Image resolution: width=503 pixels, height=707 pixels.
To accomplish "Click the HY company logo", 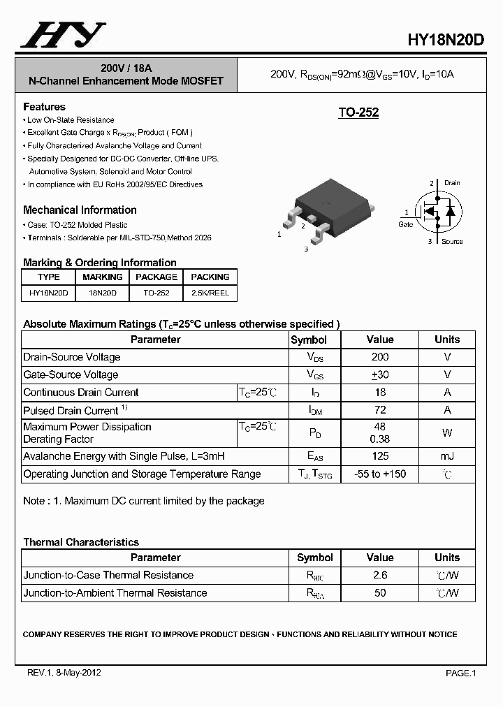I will [63, 35].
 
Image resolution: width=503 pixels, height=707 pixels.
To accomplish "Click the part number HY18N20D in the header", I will [445, 40].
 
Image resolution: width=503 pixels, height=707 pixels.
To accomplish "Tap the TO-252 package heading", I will [358, 112].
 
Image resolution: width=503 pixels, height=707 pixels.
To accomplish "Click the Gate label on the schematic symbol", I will [406, 224].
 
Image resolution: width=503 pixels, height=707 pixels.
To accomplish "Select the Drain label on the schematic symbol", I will [452, 183].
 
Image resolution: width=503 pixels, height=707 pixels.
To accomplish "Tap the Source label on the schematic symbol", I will [452, 242].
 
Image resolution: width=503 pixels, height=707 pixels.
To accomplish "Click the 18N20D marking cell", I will [103, 293].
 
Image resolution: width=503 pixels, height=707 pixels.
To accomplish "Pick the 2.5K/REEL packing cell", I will [210, 293].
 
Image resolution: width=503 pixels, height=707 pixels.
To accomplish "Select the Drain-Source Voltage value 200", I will [380, 357].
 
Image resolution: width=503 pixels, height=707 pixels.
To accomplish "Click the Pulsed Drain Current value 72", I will [380, 410].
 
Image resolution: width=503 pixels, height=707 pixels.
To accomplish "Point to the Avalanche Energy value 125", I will [380, 456].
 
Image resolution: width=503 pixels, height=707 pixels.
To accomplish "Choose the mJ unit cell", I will [447, 456].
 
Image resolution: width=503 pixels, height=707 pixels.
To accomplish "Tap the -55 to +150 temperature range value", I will [380, 474].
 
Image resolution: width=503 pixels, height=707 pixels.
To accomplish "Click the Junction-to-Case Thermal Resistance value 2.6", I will [380, 575].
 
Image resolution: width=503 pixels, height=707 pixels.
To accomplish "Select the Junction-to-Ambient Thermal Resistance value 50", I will [380, 592].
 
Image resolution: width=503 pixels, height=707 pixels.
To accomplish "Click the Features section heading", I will [44, 107].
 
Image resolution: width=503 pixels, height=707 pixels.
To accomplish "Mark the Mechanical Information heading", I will [80, 210].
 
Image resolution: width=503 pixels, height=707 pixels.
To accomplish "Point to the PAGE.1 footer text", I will [460, 673].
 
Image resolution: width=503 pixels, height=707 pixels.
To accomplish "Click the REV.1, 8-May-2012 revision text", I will [64, 673].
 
